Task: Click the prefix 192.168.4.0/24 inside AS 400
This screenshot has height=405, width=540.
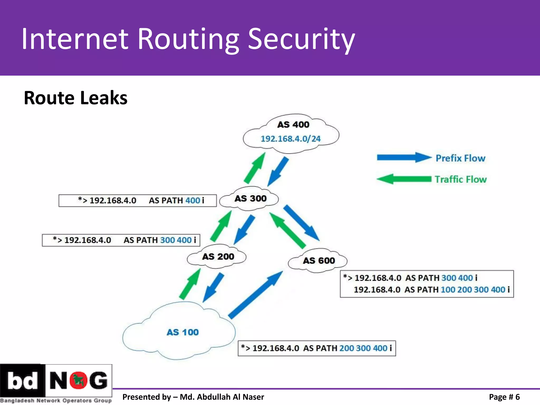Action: pos(291,139)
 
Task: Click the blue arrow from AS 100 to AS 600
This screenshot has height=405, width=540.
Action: pos(255,295)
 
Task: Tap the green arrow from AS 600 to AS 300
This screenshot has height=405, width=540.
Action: pos(287,230)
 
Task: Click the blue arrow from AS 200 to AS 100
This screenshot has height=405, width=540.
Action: pos(214,287)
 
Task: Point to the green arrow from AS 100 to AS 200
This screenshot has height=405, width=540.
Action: pos(190,284)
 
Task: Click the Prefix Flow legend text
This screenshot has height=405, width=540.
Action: pos(460,158)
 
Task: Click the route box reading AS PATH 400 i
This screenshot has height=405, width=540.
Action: pos(137,201)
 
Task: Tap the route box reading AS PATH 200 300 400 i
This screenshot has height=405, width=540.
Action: pos(317,348)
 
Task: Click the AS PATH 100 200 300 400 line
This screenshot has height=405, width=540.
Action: pos(432,290)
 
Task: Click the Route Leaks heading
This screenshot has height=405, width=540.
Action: pos(76,98)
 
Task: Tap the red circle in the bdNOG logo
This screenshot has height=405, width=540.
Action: pos(78,380)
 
